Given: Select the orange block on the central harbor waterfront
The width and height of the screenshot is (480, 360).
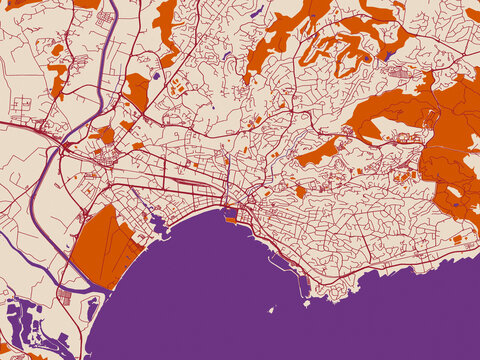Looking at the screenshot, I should coord(231,212).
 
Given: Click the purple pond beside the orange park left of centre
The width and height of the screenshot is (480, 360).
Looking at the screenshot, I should coord(155,74).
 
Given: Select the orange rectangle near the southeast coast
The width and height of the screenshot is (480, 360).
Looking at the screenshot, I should coord(457,239).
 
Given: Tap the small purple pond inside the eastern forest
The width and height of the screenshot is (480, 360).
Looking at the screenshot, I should coord(455,204).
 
